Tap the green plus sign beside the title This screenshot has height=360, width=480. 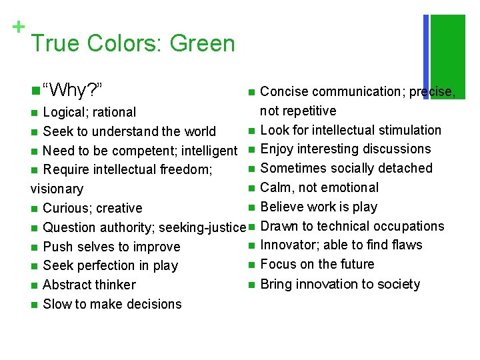click(19, 27)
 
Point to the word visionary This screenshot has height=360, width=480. click(57, 189)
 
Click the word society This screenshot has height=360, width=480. click(397, 285)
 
